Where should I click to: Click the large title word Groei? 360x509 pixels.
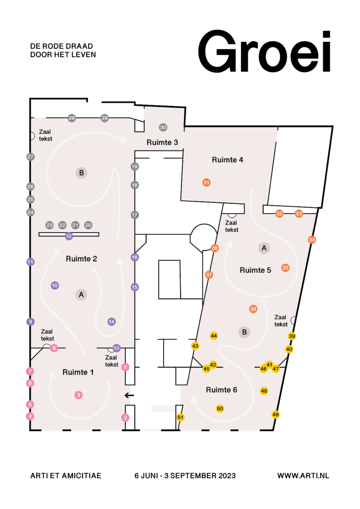pyautogui.click(x=264, y=51)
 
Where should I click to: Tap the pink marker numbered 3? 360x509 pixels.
pyautogui.click(x=79, y=395)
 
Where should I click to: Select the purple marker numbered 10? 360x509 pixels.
pyautogui.click(x=55, y=286)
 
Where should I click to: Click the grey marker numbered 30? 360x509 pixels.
pyautogui.click(x=163, y=128)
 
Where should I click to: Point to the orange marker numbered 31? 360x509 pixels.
pyautogui.click(x=206, y=182)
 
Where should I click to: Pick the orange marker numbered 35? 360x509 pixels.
pyautogui.click(x=285, y=268)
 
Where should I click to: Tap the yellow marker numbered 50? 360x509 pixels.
pyautogui.click(x=220, y=409)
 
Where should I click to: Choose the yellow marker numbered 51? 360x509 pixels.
pyautogui.click(x=180, y=418)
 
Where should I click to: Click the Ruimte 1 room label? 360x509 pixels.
pyautogui.click(x=78, y=372)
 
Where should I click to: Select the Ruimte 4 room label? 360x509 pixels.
pyautogui.click(x=227, y=160)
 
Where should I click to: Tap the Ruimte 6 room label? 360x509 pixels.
pyautogui.click(x=221, y=390)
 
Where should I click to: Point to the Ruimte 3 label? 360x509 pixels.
pyautogui.click(x=162, y=143)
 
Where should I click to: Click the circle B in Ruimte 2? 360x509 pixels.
pyautogui.click(x=82, y=172)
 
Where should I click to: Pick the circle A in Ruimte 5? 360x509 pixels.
pyautogui.click(x=264, y=249)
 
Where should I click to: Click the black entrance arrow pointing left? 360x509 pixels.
pyautogui.click(x=129, y=395)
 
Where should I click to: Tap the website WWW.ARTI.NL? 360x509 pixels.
pyautogui.click(x=303, y=476)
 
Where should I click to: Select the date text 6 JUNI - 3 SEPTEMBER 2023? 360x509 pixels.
pyautogui.click(x=185, y=476)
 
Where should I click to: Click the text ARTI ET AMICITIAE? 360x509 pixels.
pyautogui.click(x=66, y=476)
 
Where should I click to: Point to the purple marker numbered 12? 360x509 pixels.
pyautogui.click(x=69, y=236)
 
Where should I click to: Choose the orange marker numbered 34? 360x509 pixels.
pyautogui.click(x=312, y=240)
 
